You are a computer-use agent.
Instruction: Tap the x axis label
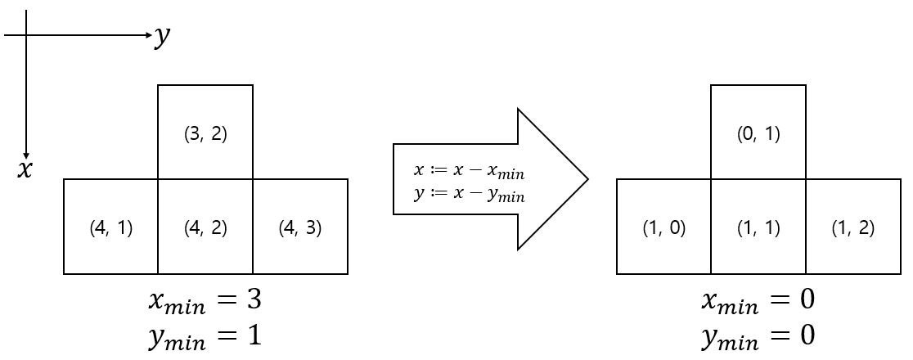26,169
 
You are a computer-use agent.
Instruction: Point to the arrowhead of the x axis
26,155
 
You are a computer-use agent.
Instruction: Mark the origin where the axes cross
26,35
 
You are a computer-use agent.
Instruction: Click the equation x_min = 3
205,301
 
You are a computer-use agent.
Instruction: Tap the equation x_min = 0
758,301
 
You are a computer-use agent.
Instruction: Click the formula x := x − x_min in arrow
469,173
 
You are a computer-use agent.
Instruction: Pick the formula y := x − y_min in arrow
469,195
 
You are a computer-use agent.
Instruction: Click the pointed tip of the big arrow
587,178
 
